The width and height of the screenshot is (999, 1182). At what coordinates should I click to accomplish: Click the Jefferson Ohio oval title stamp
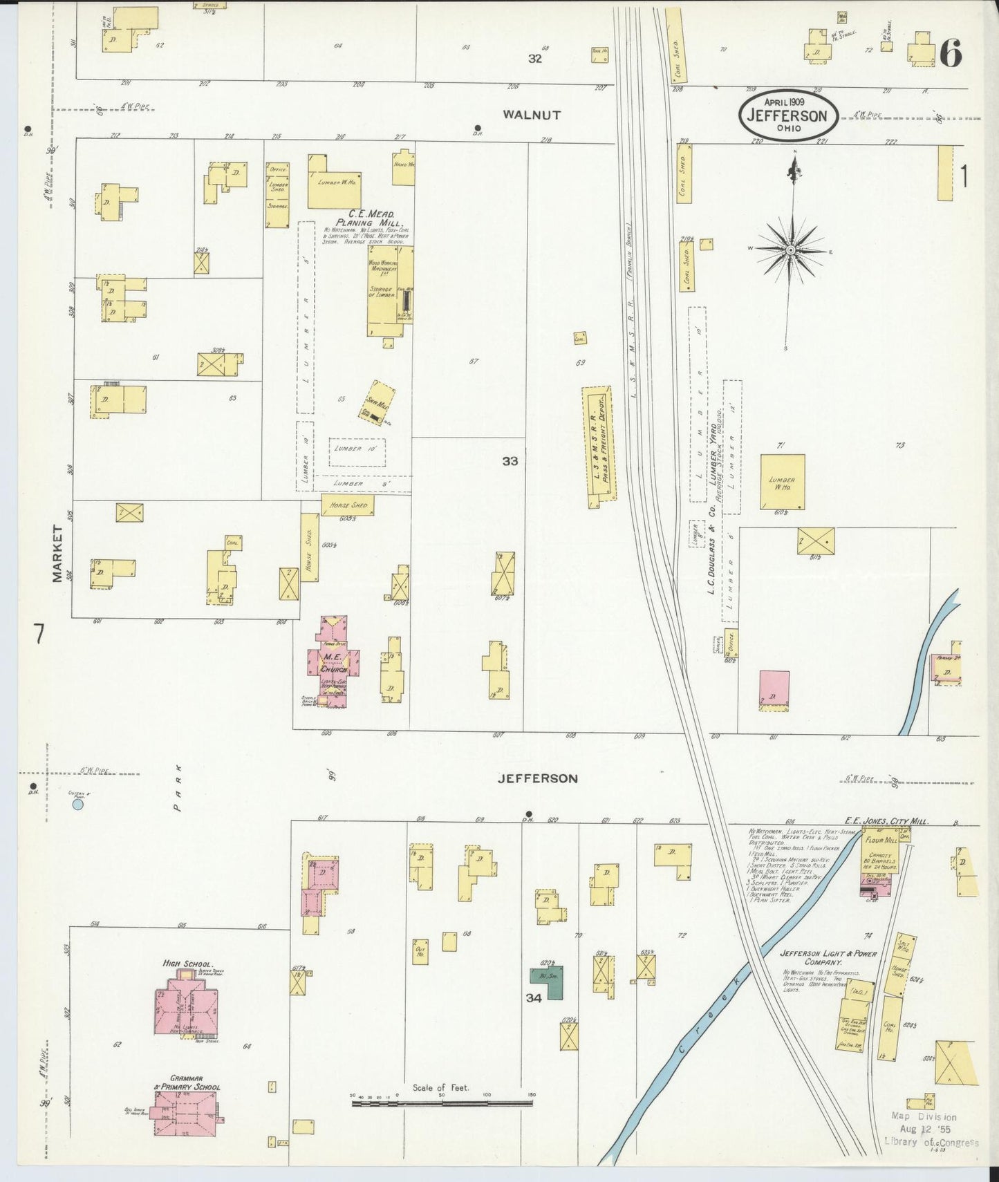pos(787,115)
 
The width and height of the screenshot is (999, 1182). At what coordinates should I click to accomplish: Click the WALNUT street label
pos(532,115)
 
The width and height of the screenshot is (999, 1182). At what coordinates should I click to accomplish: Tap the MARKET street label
pos(57,553)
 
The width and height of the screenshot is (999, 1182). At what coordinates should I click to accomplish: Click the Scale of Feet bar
pos(442,1104)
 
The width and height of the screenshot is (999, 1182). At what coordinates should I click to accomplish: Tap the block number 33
pos(510,461)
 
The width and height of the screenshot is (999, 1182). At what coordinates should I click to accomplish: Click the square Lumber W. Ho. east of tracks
pos(783,482)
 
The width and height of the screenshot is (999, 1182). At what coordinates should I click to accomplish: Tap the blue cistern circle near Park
pos(78,805)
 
